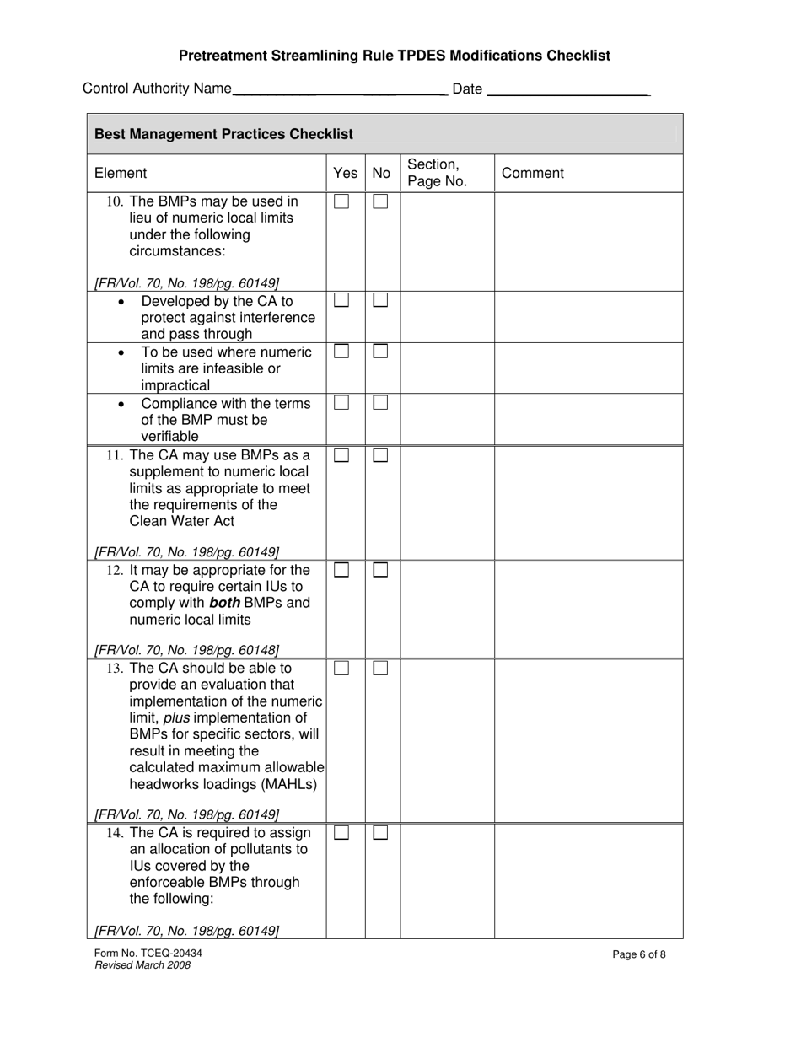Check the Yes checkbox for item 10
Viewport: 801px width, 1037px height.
click(x=341, y=201)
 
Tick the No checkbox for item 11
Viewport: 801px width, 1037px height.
click(x=381, y=455)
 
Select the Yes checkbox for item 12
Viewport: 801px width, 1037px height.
click(x=341, y=570)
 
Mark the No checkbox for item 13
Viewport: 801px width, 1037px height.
click(x=381, y=668)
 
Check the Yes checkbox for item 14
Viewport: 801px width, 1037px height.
click(x=341, y=833)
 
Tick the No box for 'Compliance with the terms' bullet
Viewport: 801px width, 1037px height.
click(x=381, y=403)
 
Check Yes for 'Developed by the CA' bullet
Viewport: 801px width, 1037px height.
click(x=341, y=300)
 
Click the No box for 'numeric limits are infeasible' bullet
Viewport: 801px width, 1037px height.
click(x=381, y=352)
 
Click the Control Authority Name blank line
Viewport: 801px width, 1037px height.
click(x=339, y=89)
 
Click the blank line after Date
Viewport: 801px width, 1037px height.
click(x=568, y=89)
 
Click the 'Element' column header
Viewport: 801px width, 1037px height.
click(x=121, y=173)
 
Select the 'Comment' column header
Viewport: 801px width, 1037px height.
click(x=533, y=173)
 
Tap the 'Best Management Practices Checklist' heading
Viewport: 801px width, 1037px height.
click(x=223, y=134)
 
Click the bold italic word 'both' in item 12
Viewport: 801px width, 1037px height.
click(x=224, y=603)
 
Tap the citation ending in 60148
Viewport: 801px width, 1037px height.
click(x=186, y=650)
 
